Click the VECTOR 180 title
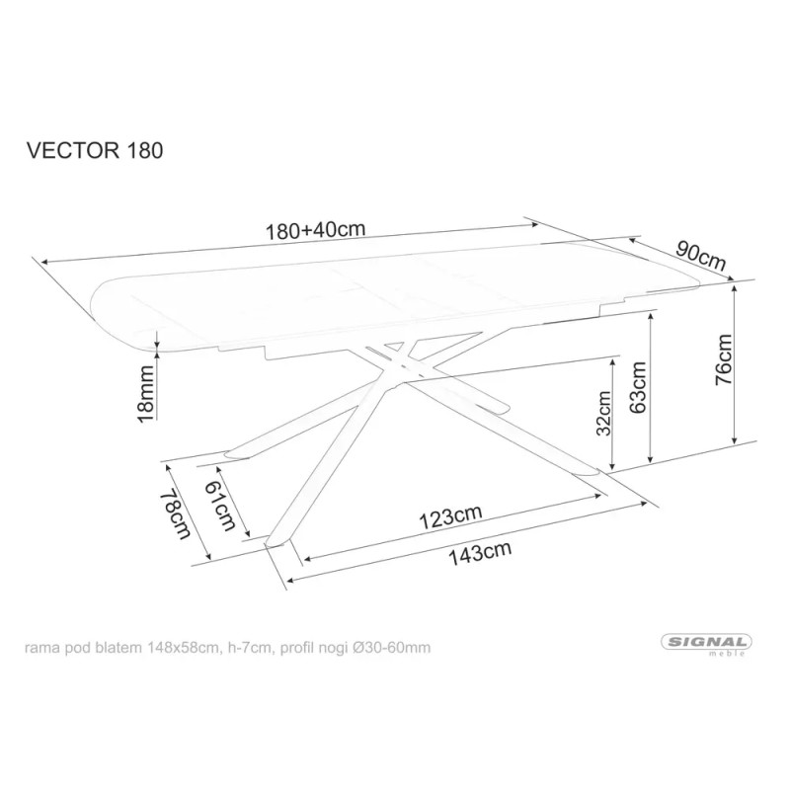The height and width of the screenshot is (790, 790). point(95,150)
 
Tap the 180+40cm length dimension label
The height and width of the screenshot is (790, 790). point(315,231)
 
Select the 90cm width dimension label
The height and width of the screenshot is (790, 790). point(701,257)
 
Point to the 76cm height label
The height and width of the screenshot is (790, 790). point(724,359)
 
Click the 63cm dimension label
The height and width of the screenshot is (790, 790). point(637,387)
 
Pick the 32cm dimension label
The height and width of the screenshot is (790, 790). point(603,413)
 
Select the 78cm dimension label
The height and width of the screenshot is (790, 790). point(176,514)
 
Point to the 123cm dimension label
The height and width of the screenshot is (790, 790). point(451,517)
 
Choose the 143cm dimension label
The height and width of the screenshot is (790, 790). point(481,554)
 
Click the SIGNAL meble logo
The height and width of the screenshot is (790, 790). point(706,644)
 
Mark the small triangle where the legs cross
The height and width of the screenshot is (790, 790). point(395,347)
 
